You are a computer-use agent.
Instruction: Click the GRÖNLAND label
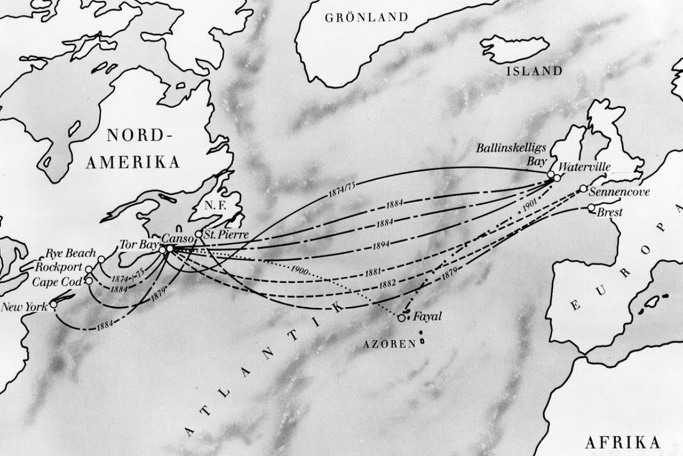tap(367, 17)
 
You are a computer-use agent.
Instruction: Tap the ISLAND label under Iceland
tap(535, 71)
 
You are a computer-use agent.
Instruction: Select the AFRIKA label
tap(622, 442)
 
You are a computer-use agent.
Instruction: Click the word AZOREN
tap(389, 344)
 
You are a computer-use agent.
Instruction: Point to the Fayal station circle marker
tap(401, 318)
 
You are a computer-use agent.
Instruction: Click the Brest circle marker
tap(591, 208)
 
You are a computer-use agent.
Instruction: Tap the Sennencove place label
tap(621, 191)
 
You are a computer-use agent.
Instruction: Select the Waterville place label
tap(586, 167)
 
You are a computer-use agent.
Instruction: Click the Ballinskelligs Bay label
tap(512, 155)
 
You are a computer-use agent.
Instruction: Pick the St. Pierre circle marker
tap(198, 234)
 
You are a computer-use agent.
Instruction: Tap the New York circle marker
tap(53, 305)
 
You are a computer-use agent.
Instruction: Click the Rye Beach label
tap(71, 253)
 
